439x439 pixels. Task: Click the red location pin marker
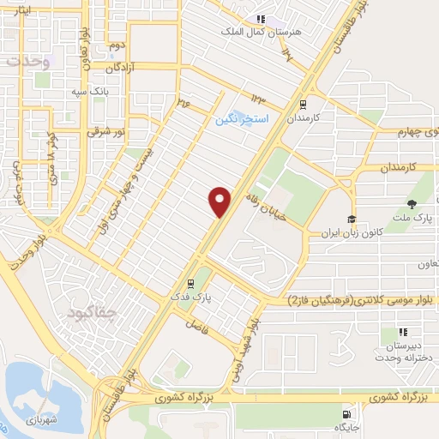pos(220,201)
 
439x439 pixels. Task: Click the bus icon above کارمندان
pos(301,103)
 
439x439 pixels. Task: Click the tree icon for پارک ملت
pos(413,203)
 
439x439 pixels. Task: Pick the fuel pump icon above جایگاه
pos(346,412)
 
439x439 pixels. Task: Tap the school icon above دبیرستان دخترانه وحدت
pos(402,332)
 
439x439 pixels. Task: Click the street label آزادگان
pos(121,66)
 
